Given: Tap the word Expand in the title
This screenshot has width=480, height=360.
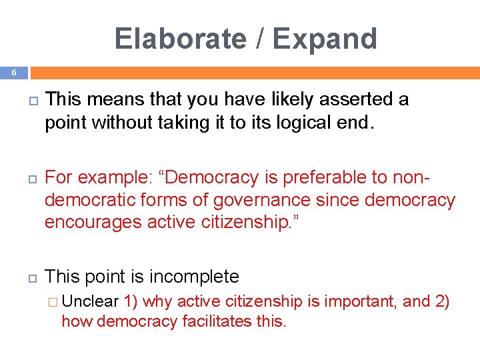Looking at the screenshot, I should (x=325, y=39).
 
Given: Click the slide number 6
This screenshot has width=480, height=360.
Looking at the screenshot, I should (x=13, y=72).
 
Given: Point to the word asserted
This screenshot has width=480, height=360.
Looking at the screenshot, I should (x=355, y=100).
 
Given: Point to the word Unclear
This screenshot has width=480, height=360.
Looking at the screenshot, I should (x=90, y=301).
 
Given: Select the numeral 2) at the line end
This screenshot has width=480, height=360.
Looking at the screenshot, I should (x=442, y=301).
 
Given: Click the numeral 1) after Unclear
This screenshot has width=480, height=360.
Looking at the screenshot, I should (x=131, y=301).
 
